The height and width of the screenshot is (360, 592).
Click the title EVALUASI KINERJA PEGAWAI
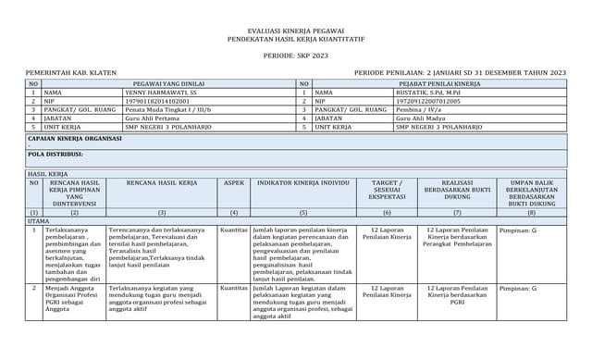click(x=295, y=31)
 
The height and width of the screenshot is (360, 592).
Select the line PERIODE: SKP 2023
click(x=295, y=56)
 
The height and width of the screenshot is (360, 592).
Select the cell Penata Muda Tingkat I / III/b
click(x=168, y=109)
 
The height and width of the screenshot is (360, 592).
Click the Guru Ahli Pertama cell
click(x=154, y=118)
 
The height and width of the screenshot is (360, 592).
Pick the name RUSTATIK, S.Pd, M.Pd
click(x=427, y=93)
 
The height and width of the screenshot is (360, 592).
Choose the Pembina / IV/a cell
click(x=420, y=109)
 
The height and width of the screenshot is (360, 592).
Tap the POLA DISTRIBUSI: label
click(x=55, y=154)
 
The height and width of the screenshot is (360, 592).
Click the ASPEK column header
click(x=234, y=183)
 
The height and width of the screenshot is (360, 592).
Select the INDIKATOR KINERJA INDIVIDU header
click(x=303, y=183)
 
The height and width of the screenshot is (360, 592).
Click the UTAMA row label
click(x=38, y=221)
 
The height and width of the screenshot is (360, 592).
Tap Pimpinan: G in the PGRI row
click(x=518, y=288)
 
